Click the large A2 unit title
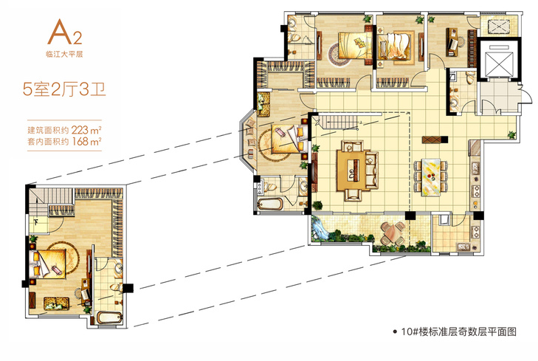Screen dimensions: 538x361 pos(65,32)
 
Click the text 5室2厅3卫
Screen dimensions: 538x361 pos(64,89)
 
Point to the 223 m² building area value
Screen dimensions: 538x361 pos(86,130)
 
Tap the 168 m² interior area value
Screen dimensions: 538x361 pos(86,142)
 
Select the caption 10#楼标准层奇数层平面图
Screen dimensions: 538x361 pos(458,331)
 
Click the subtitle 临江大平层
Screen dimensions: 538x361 pos(64,54)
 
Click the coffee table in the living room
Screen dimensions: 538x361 pos(352,171)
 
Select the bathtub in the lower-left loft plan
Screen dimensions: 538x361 pos(109,317)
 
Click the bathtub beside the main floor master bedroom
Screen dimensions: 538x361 pos(269,204)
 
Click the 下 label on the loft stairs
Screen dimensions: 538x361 pos(36,221)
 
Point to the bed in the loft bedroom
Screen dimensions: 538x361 pos(49,264)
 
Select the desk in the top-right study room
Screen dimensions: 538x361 pos(452,43)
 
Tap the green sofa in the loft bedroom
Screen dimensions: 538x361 pos(57,303)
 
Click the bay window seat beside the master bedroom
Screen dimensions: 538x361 pos(249,142)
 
